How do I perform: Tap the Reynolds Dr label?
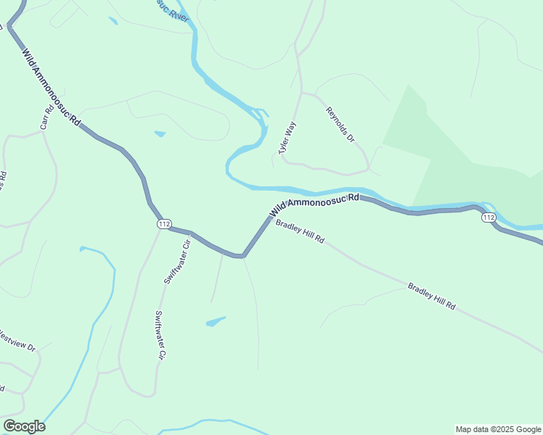[340, 124]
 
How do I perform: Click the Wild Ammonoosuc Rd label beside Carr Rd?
[50, 88]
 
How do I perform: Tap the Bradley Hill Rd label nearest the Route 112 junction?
[300, 231]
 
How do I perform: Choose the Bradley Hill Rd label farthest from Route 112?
[431, 296]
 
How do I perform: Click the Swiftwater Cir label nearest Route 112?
[177, 262]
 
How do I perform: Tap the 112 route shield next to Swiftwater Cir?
[163, 224]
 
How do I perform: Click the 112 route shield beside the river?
[488, 217]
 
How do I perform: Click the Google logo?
[24, 426]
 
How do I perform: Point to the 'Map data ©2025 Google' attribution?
[498, 429]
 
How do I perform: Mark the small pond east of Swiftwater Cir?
[216, 321]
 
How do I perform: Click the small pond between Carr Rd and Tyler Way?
[160, 133]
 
